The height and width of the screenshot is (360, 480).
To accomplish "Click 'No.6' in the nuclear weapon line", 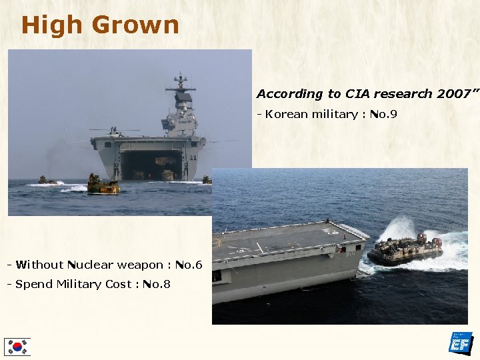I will click(x=189, y=265).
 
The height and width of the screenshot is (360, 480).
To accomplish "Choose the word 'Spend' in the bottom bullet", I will click(x=33, y=285).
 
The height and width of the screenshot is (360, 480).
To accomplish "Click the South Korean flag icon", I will click(x=17, y=346).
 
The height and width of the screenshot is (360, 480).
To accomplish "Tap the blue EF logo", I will click(x=461, y=342).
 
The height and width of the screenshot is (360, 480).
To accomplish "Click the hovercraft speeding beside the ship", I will click(x=404, y=249).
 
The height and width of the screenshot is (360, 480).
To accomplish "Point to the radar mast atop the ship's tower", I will click(x=180, y=83).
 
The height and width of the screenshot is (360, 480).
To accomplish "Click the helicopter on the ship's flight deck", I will click(x=113, y=131).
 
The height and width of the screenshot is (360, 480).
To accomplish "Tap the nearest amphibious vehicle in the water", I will click(x=103, y=185).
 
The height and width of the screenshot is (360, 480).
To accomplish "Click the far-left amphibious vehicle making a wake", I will click(x=47, y=180).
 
